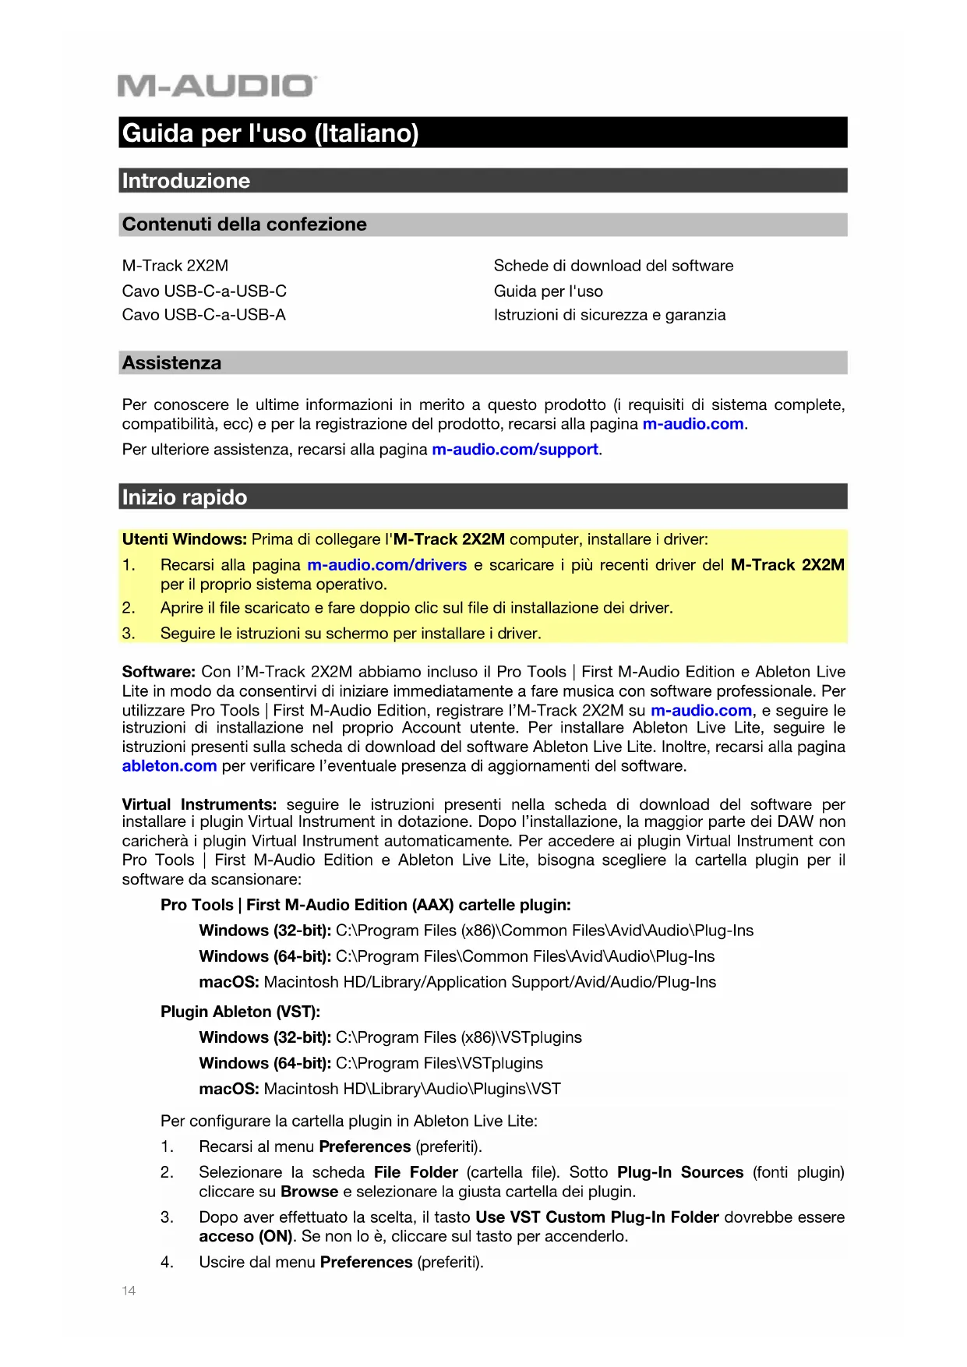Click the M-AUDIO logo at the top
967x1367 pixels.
click(x=217, y=86)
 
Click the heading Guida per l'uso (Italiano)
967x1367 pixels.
click(x=270, y=133)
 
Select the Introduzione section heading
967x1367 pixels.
click(x=186, y=181)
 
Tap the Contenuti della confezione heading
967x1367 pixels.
click(x=244, y=224)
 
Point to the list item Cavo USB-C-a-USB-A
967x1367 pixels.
click(x=203, y=315)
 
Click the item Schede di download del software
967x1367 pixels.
click(x=613, y=266)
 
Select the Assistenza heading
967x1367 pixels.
click(x=171, y=363)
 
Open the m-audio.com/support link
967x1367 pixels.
click(x=515, y=450)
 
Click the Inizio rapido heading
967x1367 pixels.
click(x=185, y=497)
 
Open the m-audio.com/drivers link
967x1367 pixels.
click(x=386, y=565)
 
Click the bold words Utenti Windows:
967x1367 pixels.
click(x=185, y=539)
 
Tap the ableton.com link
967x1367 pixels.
click(x=169, y=766)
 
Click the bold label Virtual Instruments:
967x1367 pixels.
click(x=199, y=804)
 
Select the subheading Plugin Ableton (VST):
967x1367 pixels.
click(x=240, y=1012)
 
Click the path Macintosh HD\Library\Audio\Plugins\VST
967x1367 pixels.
click(x=412, y=1089)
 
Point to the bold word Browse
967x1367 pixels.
click(x=309, y=1192)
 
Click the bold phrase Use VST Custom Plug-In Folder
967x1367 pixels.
click(x=597, y=1217)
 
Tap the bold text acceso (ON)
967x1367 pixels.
click(x=245, y=1236)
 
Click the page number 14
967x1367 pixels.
click(x=129, y=1291)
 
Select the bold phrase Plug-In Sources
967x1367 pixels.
click(x=679, y=1172)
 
